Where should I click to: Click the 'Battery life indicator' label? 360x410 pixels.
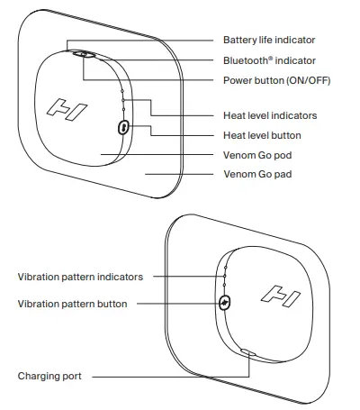click(x=268, y=41)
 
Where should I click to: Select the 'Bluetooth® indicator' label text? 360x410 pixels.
click(x=269, y=59)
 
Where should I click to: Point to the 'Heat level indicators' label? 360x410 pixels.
click(x=269, y=116)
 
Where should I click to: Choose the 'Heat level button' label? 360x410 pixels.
click(x=262, y=135)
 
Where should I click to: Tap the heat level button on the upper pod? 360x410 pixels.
click(x=122, y=129)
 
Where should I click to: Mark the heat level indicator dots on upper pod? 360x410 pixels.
click(x=123, y=101)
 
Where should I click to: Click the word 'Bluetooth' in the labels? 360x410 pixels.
click(x=246, y=59)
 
